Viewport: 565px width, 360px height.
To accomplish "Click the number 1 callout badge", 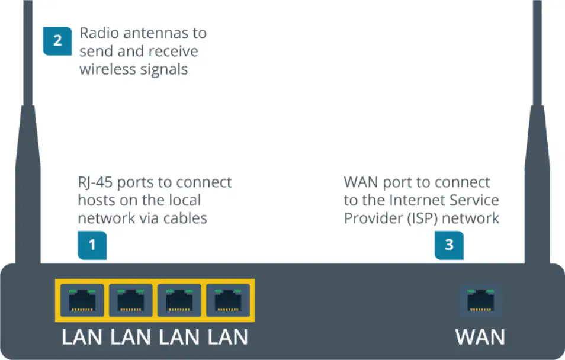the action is tap(92, 245).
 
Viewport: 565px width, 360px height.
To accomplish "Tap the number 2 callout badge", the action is tap(57, 41).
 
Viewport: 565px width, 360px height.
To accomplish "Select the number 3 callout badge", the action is tap(449, 245).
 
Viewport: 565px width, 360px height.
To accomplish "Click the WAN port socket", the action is tap(481, 301).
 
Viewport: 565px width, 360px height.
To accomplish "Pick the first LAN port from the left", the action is tap(82, 301).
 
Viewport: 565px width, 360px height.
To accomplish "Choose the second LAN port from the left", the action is tap(131, 301).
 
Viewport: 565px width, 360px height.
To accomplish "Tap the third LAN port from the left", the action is tap(179, 301).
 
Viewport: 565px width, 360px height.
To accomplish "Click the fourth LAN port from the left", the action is tap(228, 301).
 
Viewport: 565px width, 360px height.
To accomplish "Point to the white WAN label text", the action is tap(480, 337).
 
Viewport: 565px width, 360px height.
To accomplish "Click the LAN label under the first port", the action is tap(82, 337).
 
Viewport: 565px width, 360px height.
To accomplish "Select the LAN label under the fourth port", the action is tap(228, 337).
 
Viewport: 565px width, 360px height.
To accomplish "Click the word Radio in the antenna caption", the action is tap(99, 33).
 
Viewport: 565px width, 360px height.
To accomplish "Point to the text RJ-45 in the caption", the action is tap(95, 183).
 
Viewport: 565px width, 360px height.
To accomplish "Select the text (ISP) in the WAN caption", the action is tap(423, 218).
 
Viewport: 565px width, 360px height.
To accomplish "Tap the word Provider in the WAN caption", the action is tap(373, 218).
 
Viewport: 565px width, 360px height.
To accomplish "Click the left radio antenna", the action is tap(28, 132).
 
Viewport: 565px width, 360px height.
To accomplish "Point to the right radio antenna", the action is tap(537, 132).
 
